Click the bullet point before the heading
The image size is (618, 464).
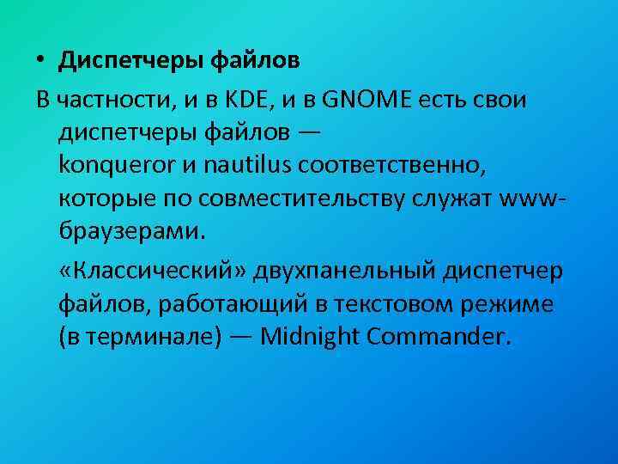coord(41,63)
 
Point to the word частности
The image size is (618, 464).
coord(115,100)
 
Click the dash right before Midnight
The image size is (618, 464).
coord(240,336)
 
